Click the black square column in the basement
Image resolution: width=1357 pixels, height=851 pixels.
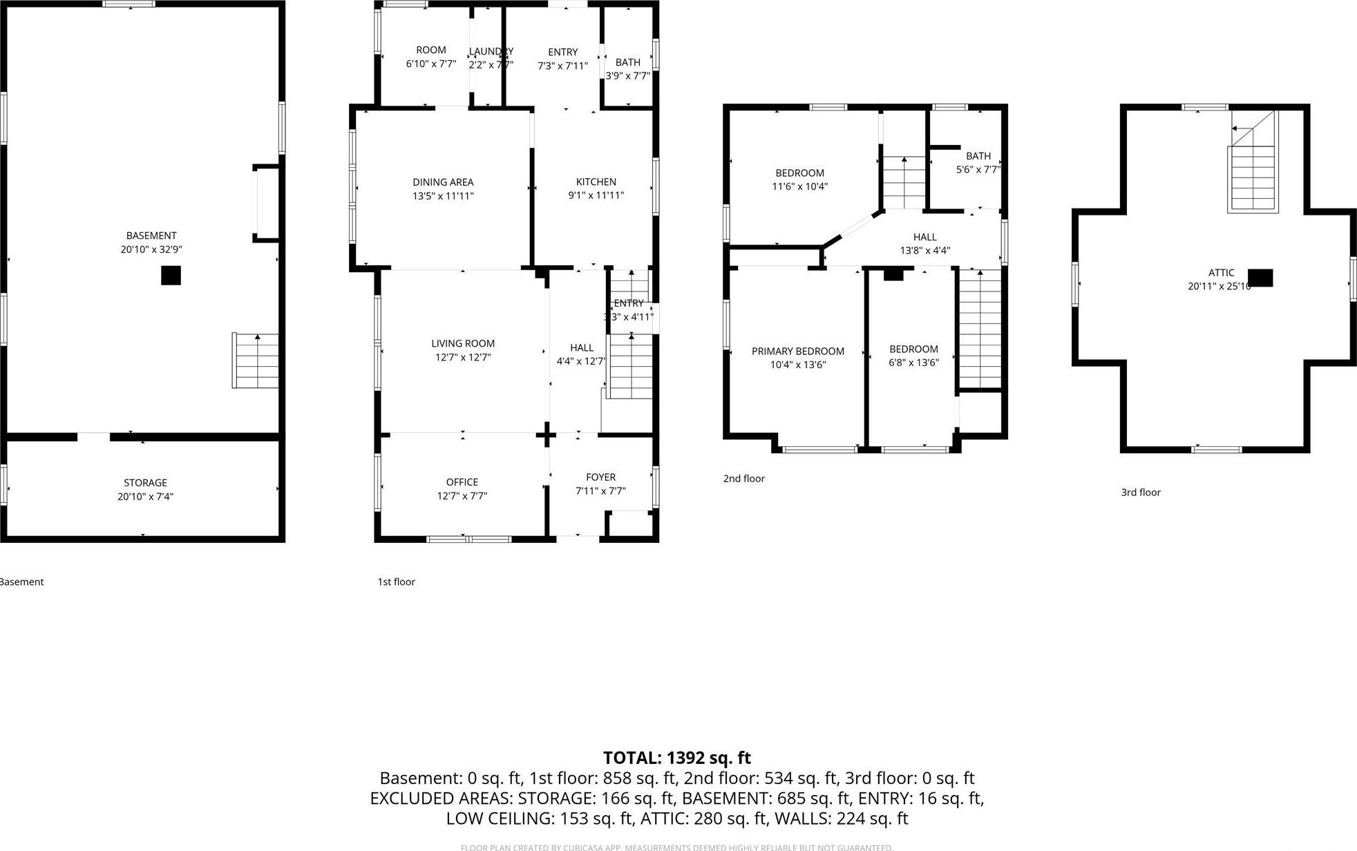[171, 275]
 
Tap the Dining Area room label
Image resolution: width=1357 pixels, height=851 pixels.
[443, 182]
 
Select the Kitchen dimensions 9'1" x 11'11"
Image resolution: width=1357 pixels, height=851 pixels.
[596, 195]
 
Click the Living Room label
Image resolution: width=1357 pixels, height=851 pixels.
[463, 343]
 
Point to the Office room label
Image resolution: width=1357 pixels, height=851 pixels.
[462, 482]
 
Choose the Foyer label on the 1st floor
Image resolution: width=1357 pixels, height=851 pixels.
[600, 477]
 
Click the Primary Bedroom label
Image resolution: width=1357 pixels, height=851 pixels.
[797, 351]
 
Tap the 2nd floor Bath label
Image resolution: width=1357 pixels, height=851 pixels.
[978, 156]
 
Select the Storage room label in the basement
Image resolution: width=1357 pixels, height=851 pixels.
[145, 483]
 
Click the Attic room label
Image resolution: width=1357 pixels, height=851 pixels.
[1221, 273]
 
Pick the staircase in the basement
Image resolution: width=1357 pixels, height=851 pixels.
[256, 361]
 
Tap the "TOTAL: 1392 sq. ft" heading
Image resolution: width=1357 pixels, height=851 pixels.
[676, 758]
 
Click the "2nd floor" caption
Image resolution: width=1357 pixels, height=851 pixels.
[743, 479]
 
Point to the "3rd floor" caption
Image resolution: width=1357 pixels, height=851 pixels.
[1140, 493]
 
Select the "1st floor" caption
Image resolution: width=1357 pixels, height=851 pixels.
[396, 582]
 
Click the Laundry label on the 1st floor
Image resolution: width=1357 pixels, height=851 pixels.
[491, 52]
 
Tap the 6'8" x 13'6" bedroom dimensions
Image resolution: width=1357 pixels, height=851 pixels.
[913, 363]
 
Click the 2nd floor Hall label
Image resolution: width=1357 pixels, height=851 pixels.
[924, 237]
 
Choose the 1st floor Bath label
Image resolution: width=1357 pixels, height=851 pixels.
[627, 62]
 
